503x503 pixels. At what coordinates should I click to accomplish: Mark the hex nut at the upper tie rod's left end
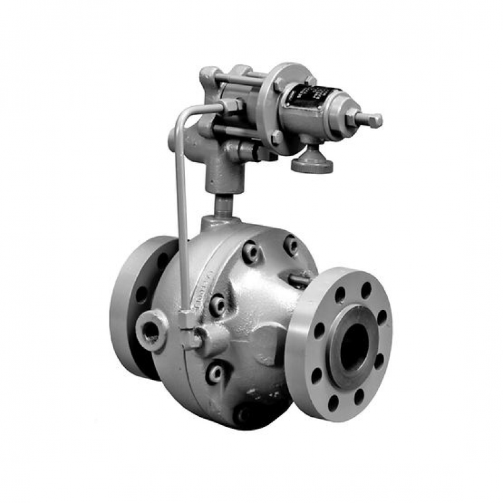pyautogui.click(x=209, y=77)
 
